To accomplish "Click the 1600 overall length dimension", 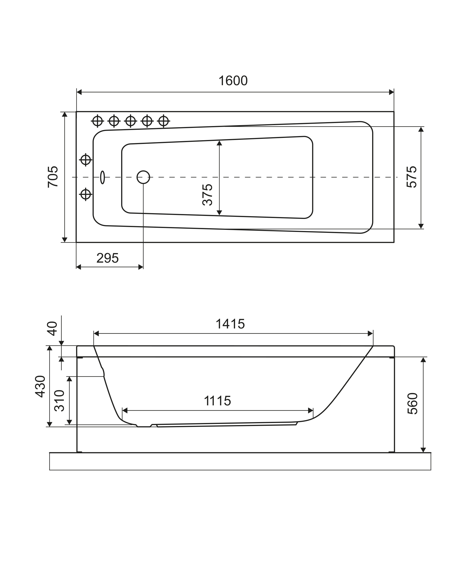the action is pos(233,81).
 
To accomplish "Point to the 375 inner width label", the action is pos(207,195).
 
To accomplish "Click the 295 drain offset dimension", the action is pos(107,258).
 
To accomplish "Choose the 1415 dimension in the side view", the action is pos(230,324).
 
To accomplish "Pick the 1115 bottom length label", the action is pos(217,408).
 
